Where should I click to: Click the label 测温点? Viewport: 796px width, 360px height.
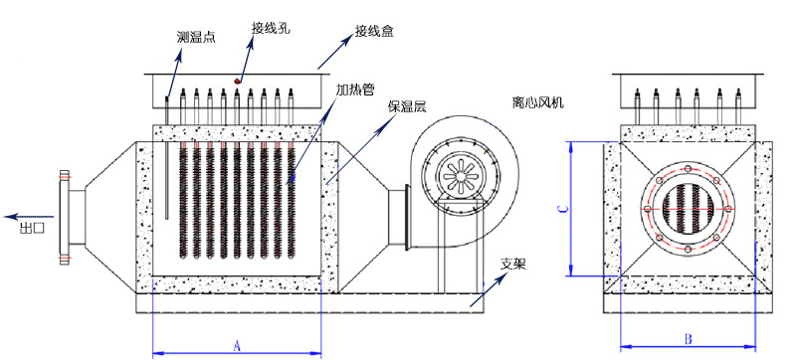point(196,37)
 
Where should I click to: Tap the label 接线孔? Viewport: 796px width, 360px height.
point(271,29)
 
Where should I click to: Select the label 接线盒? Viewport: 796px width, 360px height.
point(375,31)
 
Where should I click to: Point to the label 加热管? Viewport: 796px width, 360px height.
point(355,90)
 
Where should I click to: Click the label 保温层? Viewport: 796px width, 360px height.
point(407,106)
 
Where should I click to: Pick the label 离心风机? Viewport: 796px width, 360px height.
point(538,103)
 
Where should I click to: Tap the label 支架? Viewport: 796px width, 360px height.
point(513,265)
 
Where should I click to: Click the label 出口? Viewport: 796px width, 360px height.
point(32,228)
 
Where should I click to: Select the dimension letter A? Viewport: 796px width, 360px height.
point(236,346)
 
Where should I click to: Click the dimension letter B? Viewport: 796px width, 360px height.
point(688,339)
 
